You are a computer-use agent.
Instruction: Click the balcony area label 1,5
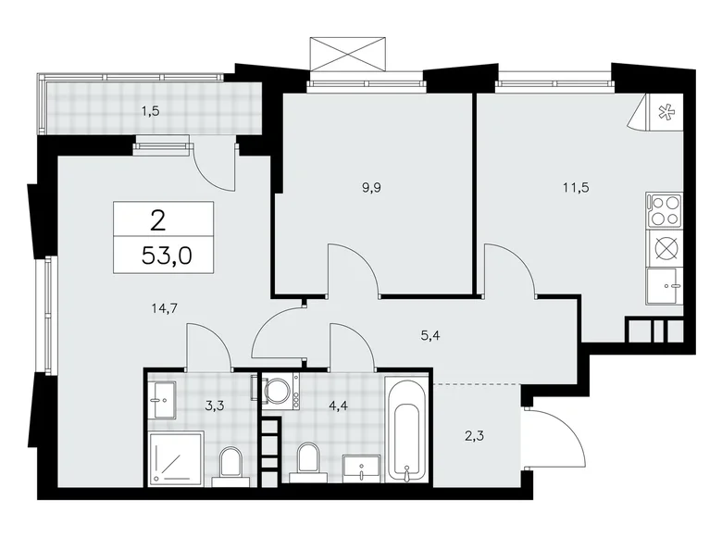tap(149, 112)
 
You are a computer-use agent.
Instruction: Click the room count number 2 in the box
tap(159, 219)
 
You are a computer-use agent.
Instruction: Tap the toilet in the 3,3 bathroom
tap(230, 464)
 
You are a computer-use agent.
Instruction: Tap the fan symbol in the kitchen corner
tap(665, 113)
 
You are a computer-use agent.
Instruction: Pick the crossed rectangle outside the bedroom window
tap(347, 53)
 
